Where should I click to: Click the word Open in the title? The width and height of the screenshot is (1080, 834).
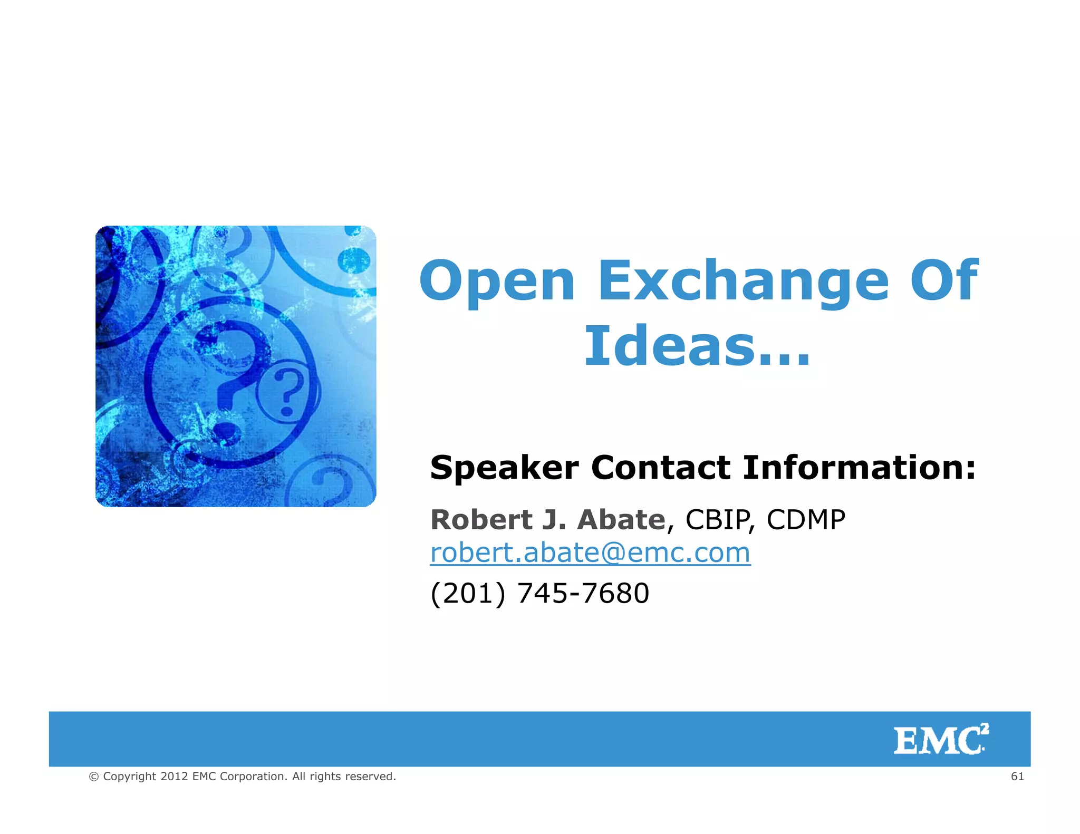click(x=497, y=282)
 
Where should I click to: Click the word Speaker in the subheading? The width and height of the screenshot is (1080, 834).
click(x=504, y=468)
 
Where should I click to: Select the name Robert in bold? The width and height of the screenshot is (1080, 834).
click(x=481, y=520)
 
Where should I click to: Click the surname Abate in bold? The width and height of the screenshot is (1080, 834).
click(x=621, y=520)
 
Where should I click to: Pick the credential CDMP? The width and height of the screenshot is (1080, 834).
click(x=805, y=520)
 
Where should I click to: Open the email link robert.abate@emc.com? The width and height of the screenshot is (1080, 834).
click(x=590, y=553)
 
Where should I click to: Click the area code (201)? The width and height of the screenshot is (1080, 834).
click(x=467, y=593)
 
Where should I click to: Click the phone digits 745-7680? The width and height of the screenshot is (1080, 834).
click(x=583, y=593)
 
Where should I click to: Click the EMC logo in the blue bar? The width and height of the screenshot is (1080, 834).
click(x=941, y=740)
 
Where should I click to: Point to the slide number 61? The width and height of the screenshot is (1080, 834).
click(x=1017, y=776)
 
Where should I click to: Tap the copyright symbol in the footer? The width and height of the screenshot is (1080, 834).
click(x=94, y=777)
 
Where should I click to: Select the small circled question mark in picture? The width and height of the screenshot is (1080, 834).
click(x=288, y=392)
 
